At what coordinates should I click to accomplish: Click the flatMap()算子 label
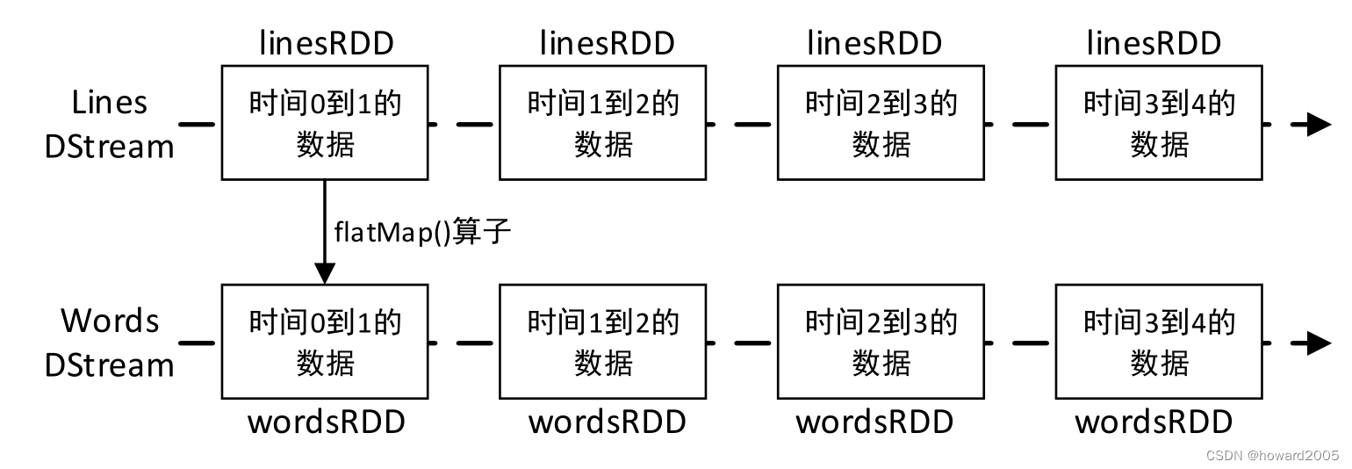(x=422, y=233)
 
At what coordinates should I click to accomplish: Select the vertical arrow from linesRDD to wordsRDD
(x=325, y=232)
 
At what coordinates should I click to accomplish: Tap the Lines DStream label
(x=110, y=125)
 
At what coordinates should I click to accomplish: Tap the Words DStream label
(x=110, y=343)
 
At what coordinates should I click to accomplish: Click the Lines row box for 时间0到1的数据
(x=325, y=123)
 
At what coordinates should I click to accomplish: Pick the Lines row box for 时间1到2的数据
(x=603, y=123)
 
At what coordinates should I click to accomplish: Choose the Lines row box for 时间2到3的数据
(x=881, y=123)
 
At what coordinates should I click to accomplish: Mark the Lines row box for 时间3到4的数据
(x=1159, y=123)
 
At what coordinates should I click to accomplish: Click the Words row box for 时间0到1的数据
(x=325, y=341)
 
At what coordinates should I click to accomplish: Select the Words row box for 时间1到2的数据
(x=603, y=341)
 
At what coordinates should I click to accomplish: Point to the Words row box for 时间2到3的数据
(x=881, y=341)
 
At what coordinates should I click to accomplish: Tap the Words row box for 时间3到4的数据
(x=1159, y=341)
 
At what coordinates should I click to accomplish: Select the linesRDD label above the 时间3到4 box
(x=1154, y=43)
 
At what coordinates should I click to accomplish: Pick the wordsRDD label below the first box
(x=327, y=422)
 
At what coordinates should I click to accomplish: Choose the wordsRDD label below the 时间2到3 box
(x=874, y=422)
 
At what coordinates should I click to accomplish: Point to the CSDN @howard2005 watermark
(x=1273, y=455)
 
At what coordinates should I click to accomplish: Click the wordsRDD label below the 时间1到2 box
(x=607, y=422)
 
